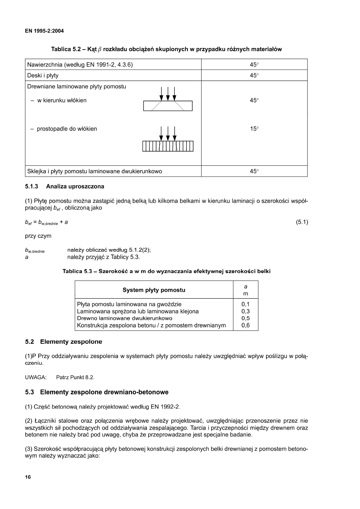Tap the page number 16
[x=28, y=477]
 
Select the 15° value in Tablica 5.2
[x=254, y=129]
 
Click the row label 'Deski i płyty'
[x=43, y=75]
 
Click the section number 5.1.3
[x=32, y=187]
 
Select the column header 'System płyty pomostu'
[x=154, y=290]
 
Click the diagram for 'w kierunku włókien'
[x=168, y=99]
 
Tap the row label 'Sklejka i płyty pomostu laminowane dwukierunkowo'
[x=95, y=171]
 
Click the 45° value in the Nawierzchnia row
[x=254, y=64]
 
